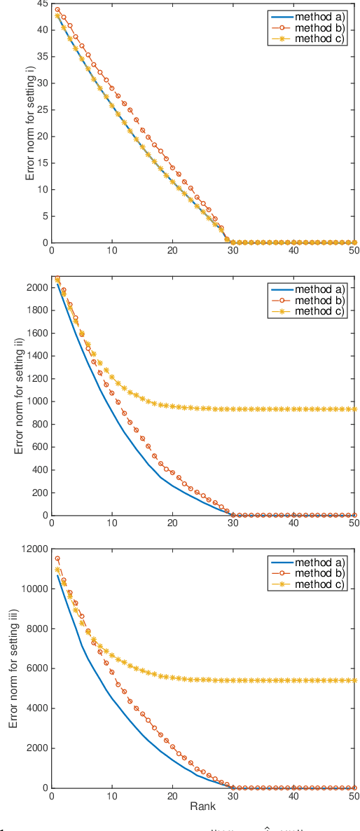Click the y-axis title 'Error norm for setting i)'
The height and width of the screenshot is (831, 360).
(x=30, y=123)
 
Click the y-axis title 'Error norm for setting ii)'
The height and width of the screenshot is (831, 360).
(x=19, y=396)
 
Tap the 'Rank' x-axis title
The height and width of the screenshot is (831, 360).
(x=202, y=806)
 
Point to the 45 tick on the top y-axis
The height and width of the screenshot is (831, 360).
(x=41, y=4)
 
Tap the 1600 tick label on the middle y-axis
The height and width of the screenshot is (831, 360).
(x=36, y=333)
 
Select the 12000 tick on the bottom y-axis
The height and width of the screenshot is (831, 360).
(x=33, y=549)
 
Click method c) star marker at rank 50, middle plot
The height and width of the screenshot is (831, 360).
(x=354, y=409)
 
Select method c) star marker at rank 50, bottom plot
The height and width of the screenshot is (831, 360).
(x=354, y=680)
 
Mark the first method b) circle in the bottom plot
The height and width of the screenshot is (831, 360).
(x=57, y=558)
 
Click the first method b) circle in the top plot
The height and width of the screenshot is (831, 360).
(x=57, y=10)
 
